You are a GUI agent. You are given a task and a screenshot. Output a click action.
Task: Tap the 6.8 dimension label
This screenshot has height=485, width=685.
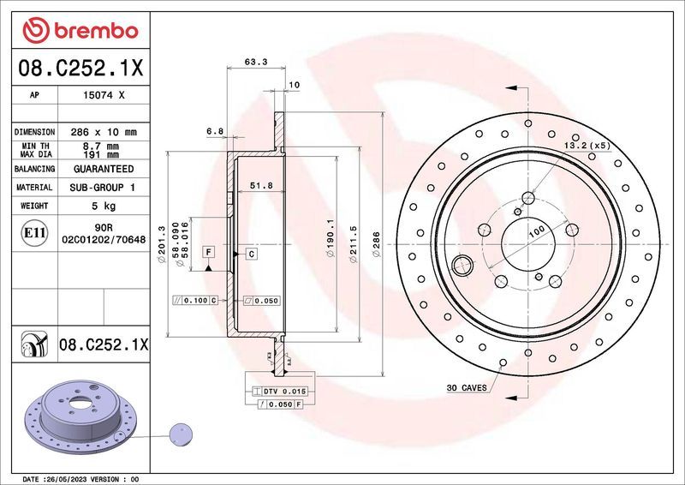coord(215,131)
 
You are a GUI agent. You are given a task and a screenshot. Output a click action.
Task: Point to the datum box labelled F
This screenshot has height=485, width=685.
coord(208,252)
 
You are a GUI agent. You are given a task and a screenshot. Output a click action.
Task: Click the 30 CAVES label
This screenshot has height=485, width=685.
coord(467,388)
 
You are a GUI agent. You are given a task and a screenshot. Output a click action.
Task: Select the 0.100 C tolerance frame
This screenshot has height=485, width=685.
coord(196,301)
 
